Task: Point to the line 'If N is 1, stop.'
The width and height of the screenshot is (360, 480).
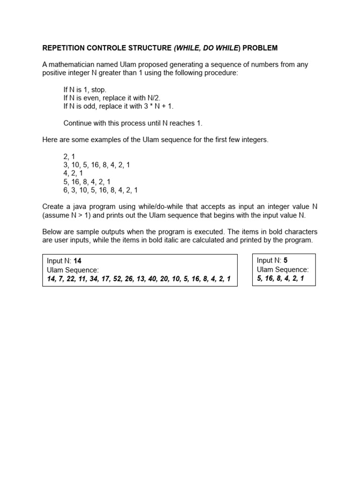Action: (x=85, y=90)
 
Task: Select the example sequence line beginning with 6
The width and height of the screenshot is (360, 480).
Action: (x=100, y=190)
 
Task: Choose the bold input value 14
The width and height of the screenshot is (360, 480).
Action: (x=78, y=261)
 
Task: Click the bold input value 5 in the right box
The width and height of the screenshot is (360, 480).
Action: (x=285, y=261)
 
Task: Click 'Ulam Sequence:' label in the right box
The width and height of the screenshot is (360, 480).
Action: (x=283, y=270)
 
